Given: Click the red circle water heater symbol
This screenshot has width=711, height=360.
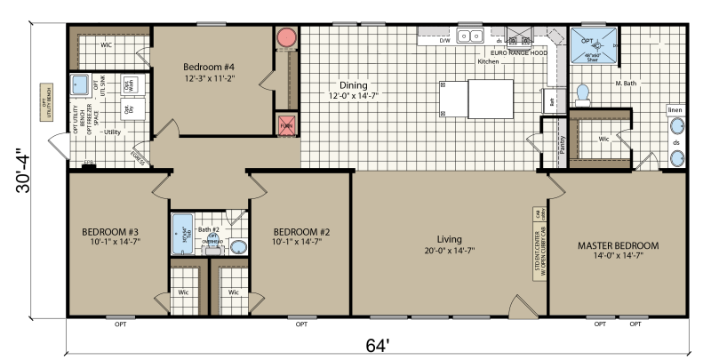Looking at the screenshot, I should pyautogui.click(x=287, y=39).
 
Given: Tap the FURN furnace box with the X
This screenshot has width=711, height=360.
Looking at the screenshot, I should pyautogui.click(x=287, y=124).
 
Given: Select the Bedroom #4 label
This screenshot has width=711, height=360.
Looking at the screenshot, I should pyautogui.click(x=210, y=67).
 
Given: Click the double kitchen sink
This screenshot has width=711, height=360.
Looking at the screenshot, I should pyautogui.click(x=469, y=36).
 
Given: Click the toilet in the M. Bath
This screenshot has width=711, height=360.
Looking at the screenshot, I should pyautogui.click(x=583, y=92).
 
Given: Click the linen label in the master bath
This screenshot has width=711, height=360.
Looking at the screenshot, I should pyautogui.click(x=676, y=110).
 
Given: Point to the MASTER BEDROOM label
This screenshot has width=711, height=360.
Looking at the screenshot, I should pyautogui.click(x=618, y=245).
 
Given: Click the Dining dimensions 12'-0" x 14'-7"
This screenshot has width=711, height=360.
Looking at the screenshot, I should pyautogui.click(x=346, y=95).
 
